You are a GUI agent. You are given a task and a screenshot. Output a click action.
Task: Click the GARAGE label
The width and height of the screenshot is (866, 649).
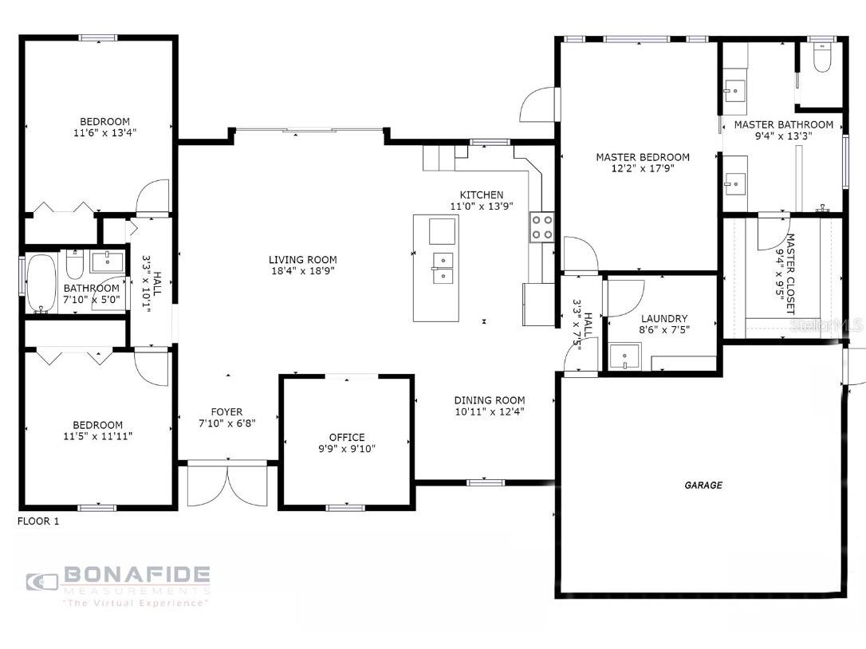click(x=703, y=485)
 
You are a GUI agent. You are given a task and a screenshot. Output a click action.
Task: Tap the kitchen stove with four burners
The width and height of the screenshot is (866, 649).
click(x=541, y=227)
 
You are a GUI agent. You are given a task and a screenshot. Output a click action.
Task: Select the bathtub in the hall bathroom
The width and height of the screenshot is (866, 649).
click(x=41, y=283)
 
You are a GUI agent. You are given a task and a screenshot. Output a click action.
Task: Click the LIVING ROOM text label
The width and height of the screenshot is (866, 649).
click(x=303, y=260)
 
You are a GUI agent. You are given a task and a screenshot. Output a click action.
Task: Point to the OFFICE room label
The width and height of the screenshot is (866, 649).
click(x=347, y=438)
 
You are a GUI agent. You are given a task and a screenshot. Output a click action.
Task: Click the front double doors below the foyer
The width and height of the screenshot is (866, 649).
click(x=227, y=483)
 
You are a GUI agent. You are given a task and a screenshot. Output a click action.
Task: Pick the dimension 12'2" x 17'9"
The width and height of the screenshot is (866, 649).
click(x=643, y=168)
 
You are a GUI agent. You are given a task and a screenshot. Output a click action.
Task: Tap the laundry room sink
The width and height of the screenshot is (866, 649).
click(x=624, y=356)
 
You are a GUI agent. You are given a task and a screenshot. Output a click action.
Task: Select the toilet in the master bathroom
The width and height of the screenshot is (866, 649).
click(x=822, y=57)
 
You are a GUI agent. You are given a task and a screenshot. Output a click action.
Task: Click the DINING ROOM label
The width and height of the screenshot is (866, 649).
click(x=490, y=400)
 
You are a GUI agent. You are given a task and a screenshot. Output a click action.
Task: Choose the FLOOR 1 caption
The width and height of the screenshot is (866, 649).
click(x=38, y=521)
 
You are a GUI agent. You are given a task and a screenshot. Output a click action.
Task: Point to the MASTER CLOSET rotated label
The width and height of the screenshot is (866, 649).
click(x=790, y=274)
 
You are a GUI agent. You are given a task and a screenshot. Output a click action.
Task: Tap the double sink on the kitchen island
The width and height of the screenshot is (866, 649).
click(x=443, y=268)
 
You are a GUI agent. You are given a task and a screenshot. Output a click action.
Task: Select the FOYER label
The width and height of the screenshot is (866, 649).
click(x=226, y=412)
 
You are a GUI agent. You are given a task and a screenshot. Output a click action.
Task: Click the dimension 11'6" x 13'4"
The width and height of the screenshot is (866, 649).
click(x=105, y=132)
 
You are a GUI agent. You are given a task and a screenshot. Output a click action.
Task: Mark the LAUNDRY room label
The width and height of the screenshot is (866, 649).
click(x=664, y=319)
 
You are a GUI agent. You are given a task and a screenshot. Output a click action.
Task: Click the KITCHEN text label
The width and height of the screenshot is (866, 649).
click(x=482, y=195)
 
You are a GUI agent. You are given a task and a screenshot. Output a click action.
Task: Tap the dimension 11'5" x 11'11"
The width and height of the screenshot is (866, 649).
click(x=98, y=436)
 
